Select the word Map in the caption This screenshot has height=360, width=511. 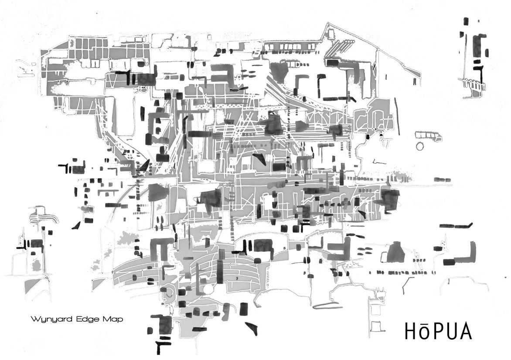pos(112,319)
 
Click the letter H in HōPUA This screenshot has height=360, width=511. pos(412,331)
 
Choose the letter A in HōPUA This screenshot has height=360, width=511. pos(465,331)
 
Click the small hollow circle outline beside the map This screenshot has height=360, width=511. pos(420,146)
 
